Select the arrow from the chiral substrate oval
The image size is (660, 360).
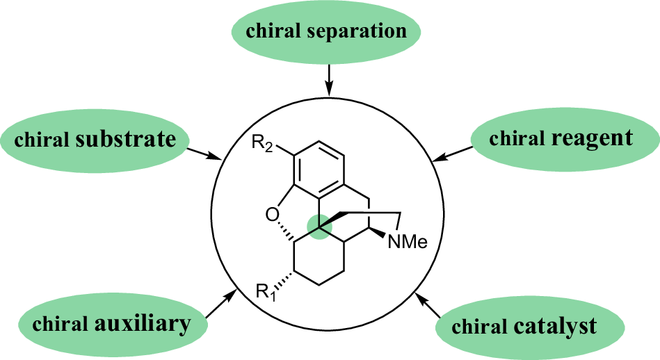[x=204, y=151]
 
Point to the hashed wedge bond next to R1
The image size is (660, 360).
[x=284, y=281]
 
